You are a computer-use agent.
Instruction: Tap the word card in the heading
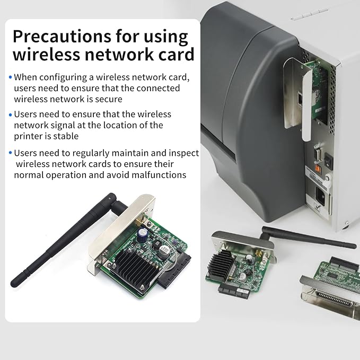172,54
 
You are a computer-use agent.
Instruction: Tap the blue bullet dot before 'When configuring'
11,77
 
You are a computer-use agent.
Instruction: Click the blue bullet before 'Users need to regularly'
11,153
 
